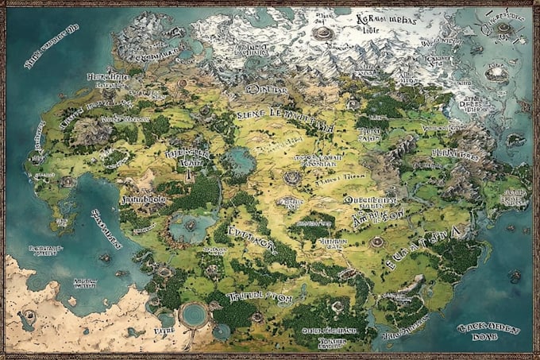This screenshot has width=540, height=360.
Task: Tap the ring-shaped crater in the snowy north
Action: pos(322,33)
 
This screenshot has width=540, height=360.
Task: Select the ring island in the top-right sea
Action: pos(503,29)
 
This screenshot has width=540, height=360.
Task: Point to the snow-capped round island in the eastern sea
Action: pos(498,73)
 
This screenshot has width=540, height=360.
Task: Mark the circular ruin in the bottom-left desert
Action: pos(29,315)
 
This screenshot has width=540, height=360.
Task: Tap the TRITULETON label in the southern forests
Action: pos(260,297)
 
